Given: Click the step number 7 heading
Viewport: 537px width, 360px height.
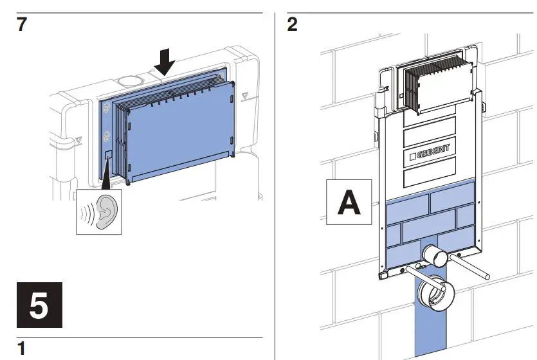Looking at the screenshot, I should coord(22,26).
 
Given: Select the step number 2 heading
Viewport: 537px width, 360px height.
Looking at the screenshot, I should coord(293,26).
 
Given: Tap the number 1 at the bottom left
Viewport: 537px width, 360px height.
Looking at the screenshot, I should coord(21,349).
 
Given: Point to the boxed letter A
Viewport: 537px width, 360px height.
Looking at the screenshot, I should coord(349,201).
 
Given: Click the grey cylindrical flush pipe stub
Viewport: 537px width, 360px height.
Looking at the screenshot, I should coord(438,256).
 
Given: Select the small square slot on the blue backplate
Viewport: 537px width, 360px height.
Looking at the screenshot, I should coord(108,156).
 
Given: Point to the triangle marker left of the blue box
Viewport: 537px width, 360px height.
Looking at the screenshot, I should coord(78,138).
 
